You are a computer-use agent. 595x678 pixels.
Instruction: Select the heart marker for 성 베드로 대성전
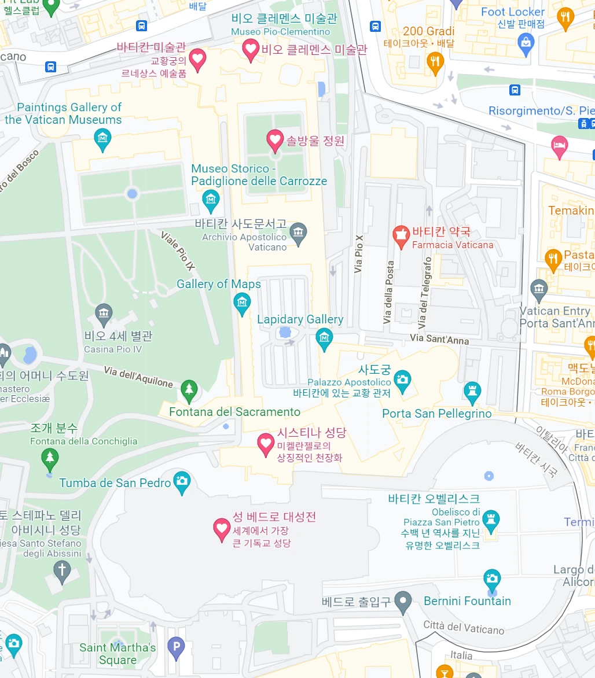point(222,528)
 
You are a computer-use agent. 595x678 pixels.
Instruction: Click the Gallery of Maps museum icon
point(241,303)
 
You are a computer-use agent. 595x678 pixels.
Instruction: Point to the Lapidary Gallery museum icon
point(324,338)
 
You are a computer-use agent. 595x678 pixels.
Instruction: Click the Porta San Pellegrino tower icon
point(472,392)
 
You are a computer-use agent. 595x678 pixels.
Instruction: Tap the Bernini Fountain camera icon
point(491,578)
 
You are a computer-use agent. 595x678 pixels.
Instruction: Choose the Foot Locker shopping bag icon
point(526,43)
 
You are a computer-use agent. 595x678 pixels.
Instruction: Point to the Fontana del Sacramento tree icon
point(189,390)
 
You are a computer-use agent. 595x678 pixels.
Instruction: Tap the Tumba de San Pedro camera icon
point(182,481)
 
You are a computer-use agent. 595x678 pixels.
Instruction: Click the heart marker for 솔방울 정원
point(274,139)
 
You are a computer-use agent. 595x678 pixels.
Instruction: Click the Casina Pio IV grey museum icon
point(104,315)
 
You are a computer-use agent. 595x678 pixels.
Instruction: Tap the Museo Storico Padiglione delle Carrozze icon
point(211,200)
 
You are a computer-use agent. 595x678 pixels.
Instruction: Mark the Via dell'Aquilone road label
point(138,377)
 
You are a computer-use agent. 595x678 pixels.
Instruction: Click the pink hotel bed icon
point(559,146)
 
